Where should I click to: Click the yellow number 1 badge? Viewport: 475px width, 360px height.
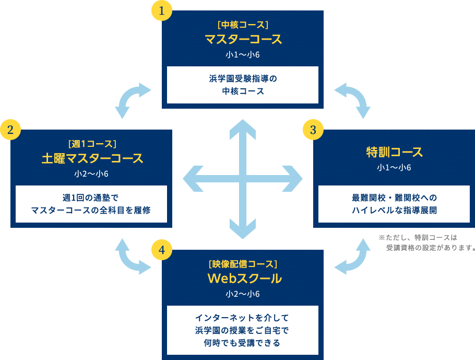(x=161, y=11)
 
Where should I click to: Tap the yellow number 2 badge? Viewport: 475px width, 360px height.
(x=10, y=130)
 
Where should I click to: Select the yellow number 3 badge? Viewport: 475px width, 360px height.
(x=313, y=130)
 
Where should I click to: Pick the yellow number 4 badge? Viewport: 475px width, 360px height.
(x=161, y=250)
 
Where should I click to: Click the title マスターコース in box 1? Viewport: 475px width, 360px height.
(x=243, y=39)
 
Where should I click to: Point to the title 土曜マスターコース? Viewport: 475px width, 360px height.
(x=91, y=158)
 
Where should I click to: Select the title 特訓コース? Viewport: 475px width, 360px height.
(x=394, y=152)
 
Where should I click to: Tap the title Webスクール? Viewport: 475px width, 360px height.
(x=243, y=278)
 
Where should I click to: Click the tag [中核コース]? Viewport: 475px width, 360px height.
(x=243, y=25)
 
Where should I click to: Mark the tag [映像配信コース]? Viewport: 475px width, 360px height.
(x=243, y=263)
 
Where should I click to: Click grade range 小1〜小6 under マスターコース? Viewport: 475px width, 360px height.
(x=243, y=55)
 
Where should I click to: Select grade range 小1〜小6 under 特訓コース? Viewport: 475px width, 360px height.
(x=394, y=168)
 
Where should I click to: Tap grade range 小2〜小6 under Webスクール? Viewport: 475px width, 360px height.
(x=243, y=294)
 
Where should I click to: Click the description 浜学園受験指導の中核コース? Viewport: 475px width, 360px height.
(x=243, y=85)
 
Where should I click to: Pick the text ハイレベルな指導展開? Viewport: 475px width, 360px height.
(x=394, y=210)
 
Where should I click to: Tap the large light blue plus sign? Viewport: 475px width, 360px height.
(x=243, y=179)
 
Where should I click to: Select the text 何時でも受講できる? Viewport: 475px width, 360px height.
(x=243, y=343)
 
